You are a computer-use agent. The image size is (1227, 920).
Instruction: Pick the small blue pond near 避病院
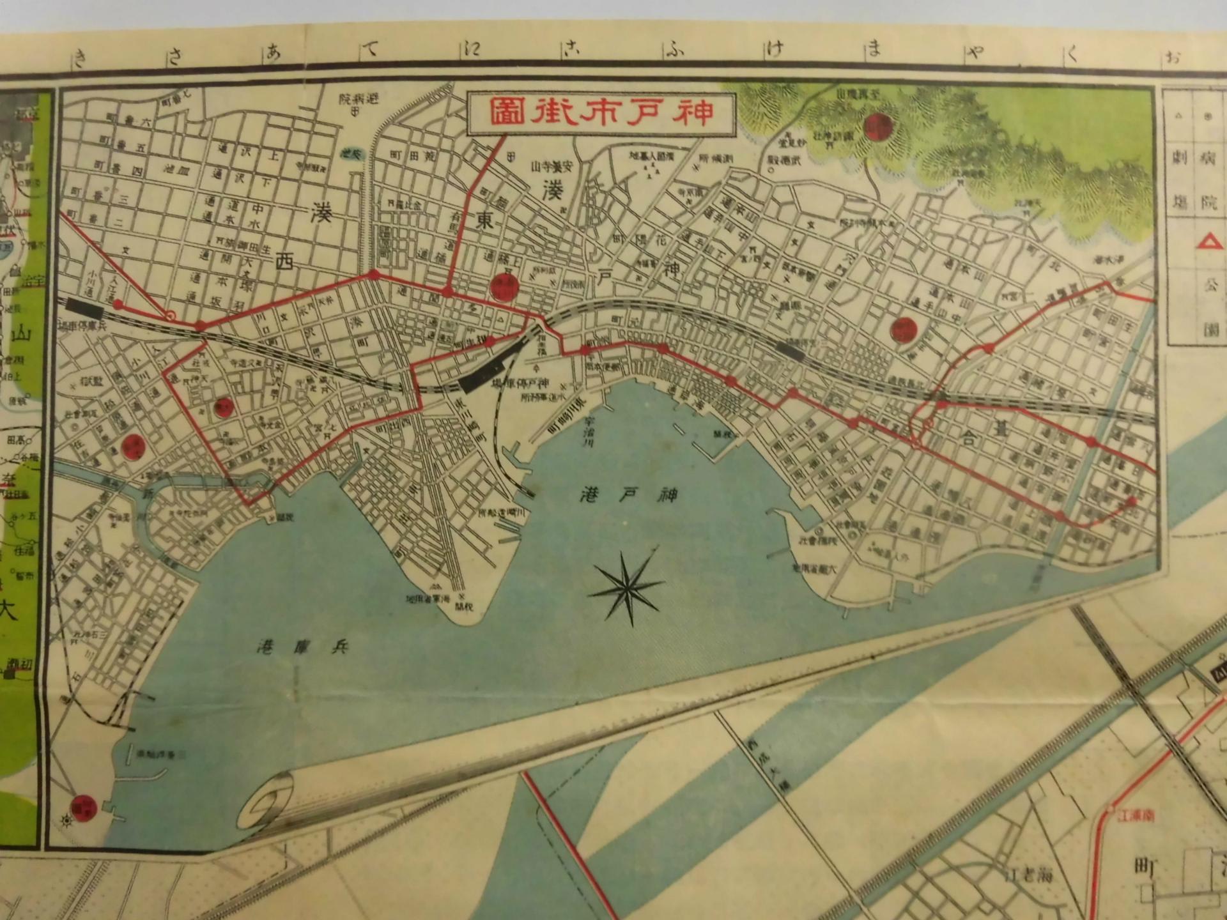click(x=351, y=153)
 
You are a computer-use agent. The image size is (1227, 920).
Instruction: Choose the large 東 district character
click(x=482, y=222)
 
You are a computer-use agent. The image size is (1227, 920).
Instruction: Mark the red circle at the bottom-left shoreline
click(x=84, y=808)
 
